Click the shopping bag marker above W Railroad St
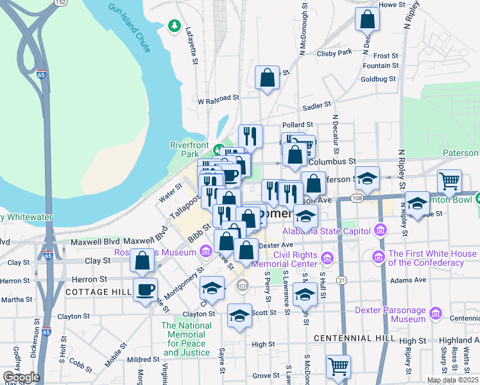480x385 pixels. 267,78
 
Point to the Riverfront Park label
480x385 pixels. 189,150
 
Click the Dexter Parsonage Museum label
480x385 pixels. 390,314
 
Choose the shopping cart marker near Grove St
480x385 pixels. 338,366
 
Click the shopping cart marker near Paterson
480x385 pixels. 449,180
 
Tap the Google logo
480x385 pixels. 21,377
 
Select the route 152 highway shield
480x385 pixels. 60,3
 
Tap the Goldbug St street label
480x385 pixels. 379,79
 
